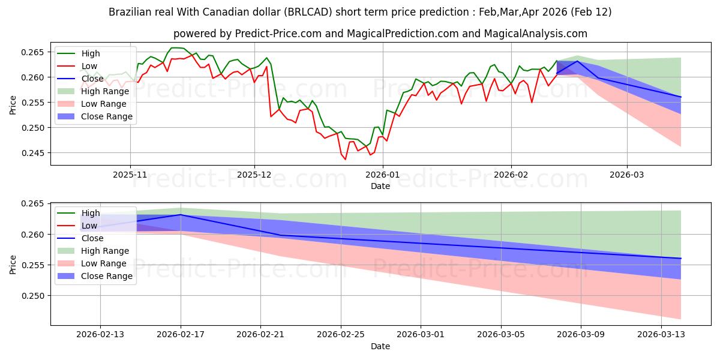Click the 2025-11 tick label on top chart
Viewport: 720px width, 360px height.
pyautogui.click(x=130, y=174)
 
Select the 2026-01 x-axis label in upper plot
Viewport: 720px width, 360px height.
pyautogui.click(x=383, y=174)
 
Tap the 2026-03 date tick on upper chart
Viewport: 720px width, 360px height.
pyautogui.click(x=627, y=174)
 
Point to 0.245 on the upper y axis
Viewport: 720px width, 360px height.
pyautogui.click(x=33, y=153)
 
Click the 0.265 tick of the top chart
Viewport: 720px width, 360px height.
pyautogui.click(x=33, y=52)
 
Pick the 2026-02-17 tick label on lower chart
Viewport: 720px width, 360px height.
pyautogui.click(x=181, y=334)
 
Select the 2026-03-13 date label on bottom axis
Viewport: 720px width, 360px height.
pyautogui.click(x=661, y=334)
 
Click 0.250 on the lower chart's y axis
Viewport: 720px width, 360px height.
pyautogui.click(x=33, y=296)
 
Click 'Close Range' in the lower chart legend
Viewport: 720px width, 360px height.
pyautogui.click(x=106, y=276)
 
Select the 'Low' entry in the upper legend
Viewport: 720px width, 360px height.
pyautogui.click(x=89, y=66)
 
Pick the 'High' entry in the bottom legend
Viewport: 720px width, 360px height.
pyautogui.click(x=91, y=213)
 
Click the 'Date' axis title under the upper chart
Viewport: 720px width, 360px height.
pyautogui.click(x=380, y=186)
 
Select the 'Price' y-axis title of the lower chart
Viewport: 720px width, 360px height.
pyautogui.click(x=13, y=264)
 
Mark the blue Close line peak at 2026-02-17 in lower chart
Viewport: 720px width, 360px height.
pyautogui.click(x=181, y=214)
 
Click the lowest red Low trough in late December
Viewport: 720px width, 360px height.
pyautogui.click(x=346, y=159)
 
